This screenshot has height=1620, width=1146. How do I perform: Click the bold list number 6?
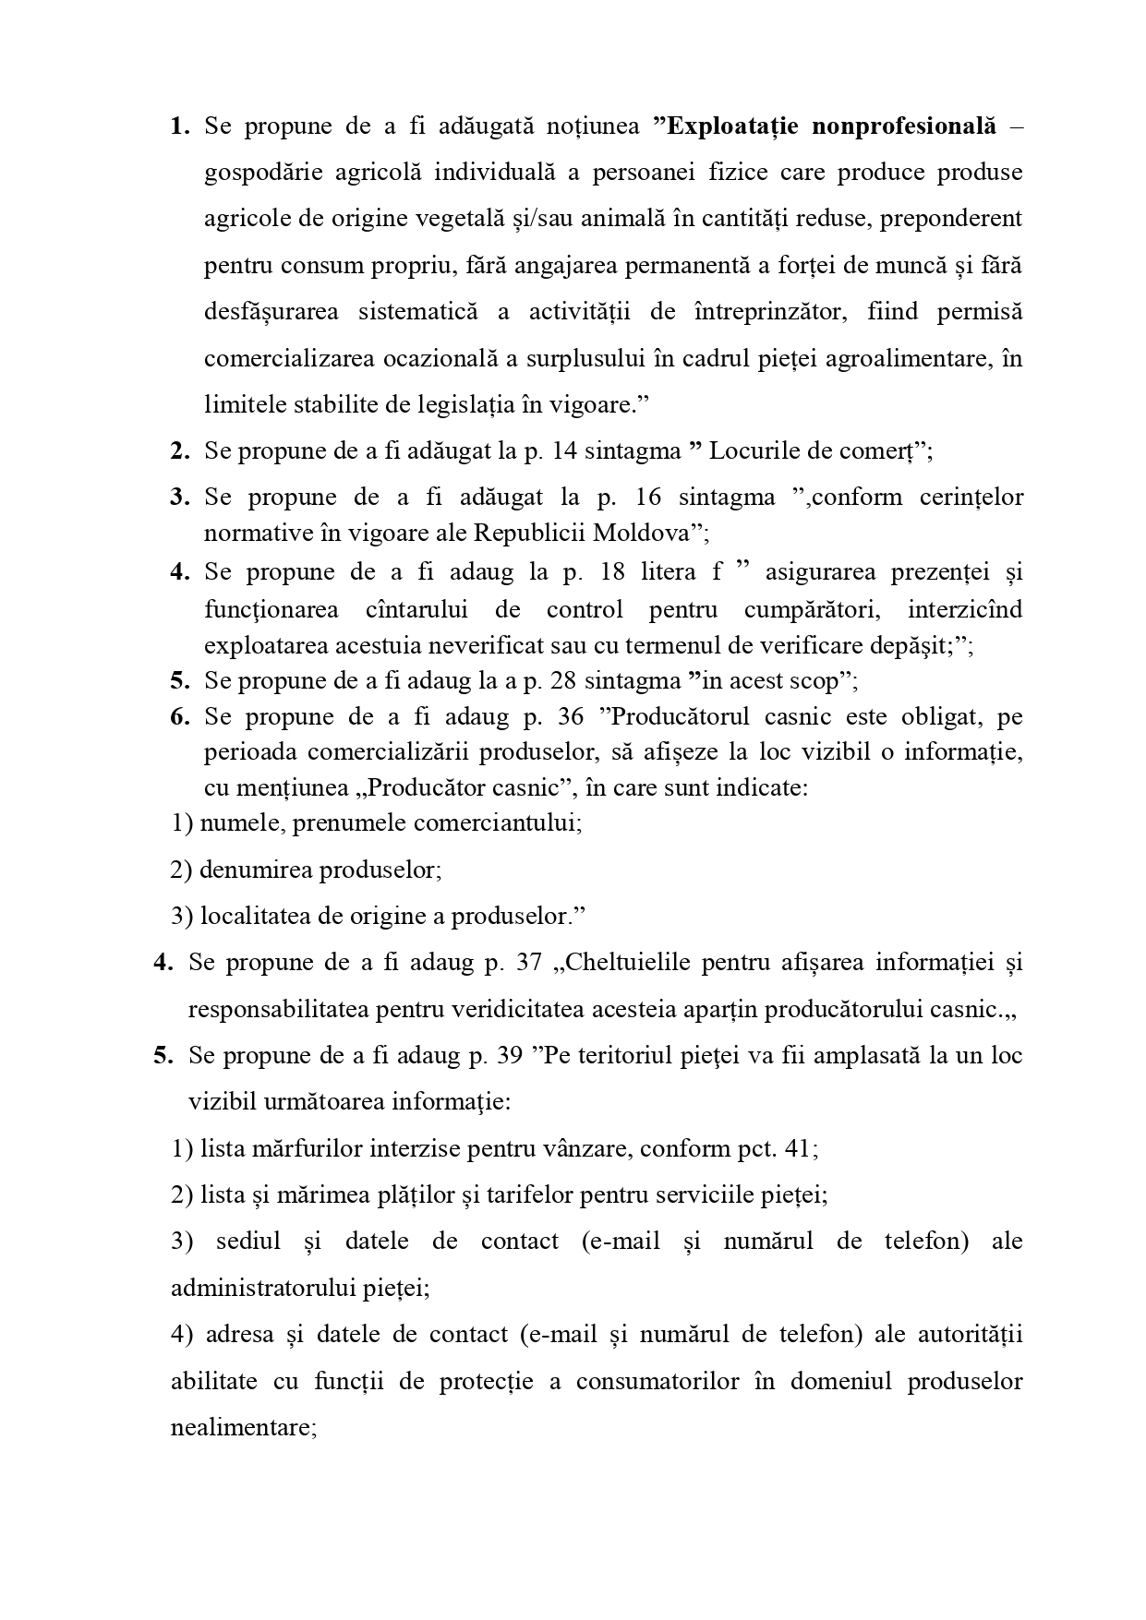[179, 717]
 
